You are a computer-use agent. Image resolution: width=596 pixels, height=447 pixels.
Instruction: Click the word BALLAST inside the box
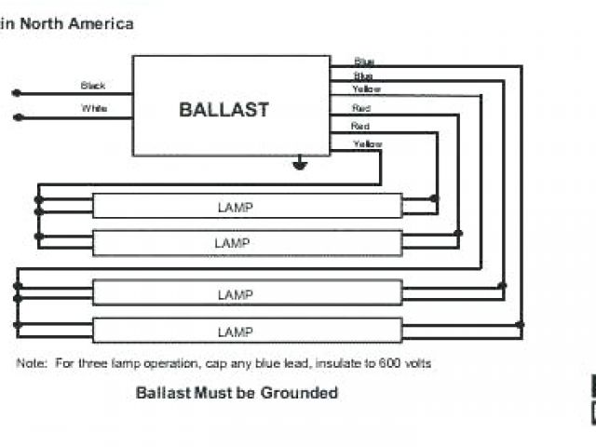[x=223, y=109]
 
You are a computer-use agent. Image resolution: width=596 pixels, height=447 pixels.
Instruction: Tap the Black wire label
[x=93, y=86]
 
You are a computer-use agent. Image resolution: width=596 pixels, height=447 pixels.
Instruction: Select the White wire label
[x=94, y=109]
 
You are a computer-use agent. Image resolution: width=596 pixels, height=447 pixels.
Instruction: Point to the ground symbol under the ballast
[x=300, y=166]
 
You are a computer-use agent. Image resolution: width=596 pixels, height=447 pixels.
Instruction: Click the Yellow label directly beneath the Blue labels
[x=366, y=89]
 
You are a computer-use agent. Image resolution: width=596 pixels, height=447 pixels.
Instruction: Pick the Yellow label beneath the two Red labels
[x=366, y=143]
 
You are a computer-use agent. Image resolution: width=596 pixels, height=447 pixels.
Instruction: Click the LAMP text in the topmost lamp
[x=233, y=207]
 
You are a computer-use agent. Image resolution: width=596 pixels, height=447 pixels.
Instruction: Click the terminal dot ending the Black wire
[x=15, y=92]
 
